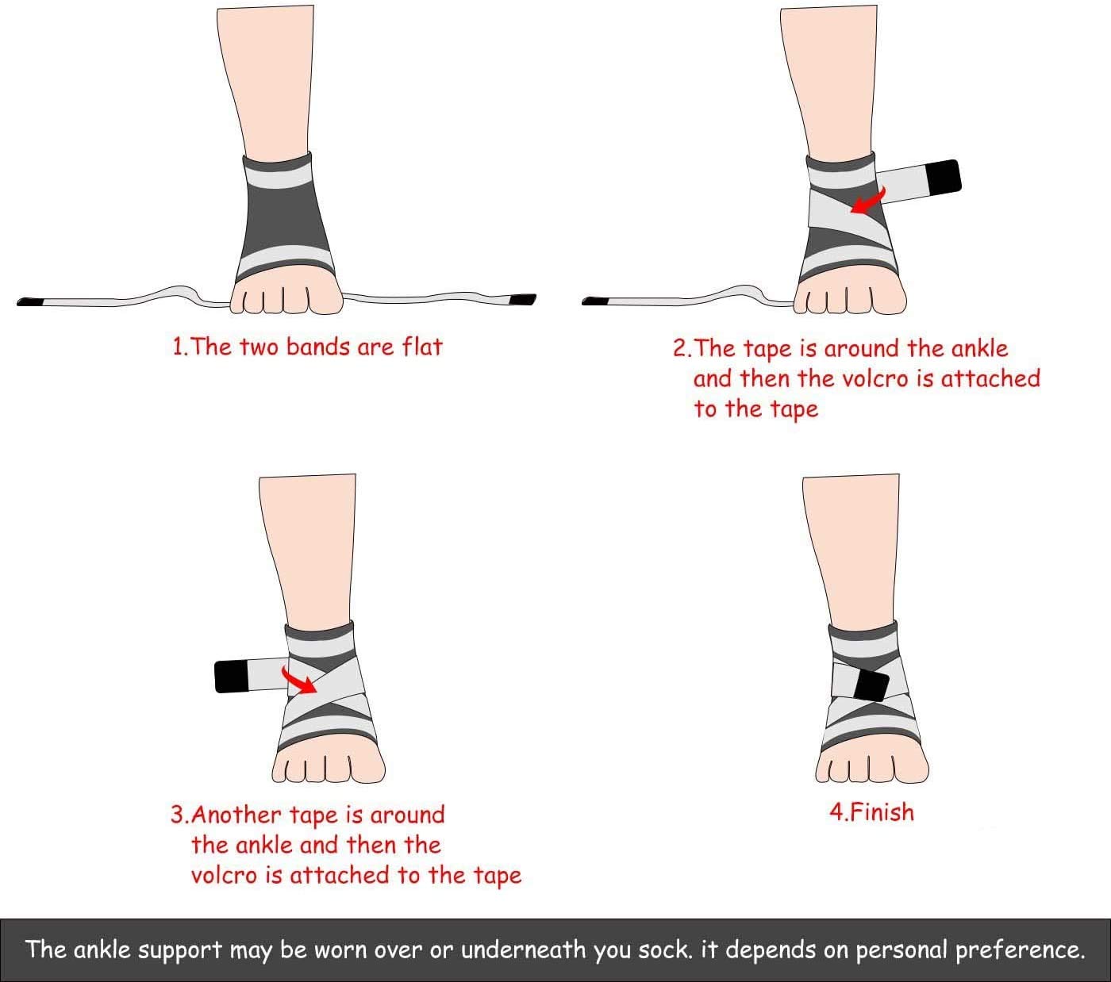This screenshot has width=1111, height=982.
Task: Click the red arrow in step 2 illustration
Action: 867,201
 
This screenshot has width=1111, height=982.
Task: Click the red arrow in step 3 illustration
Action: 298,680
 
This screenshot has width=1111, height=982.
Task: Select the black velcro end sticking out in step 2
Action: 944,177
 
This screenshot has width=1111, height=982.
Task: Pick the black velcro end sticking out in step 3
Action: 232,676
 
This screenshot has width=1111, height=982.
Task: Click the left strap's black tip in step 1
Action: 30,302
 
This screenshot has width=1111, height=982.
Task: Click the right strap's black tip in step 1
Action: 523,300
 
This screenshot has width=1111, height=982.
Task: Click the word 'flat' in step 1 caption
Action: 421,347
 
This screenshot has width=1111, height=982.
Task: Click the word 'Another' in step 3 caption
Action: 238,815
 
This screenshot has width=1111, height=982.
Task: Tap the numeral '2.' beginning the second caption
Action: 682,349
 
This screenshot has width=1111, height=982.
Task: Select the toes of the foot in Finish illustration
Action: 871,767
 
